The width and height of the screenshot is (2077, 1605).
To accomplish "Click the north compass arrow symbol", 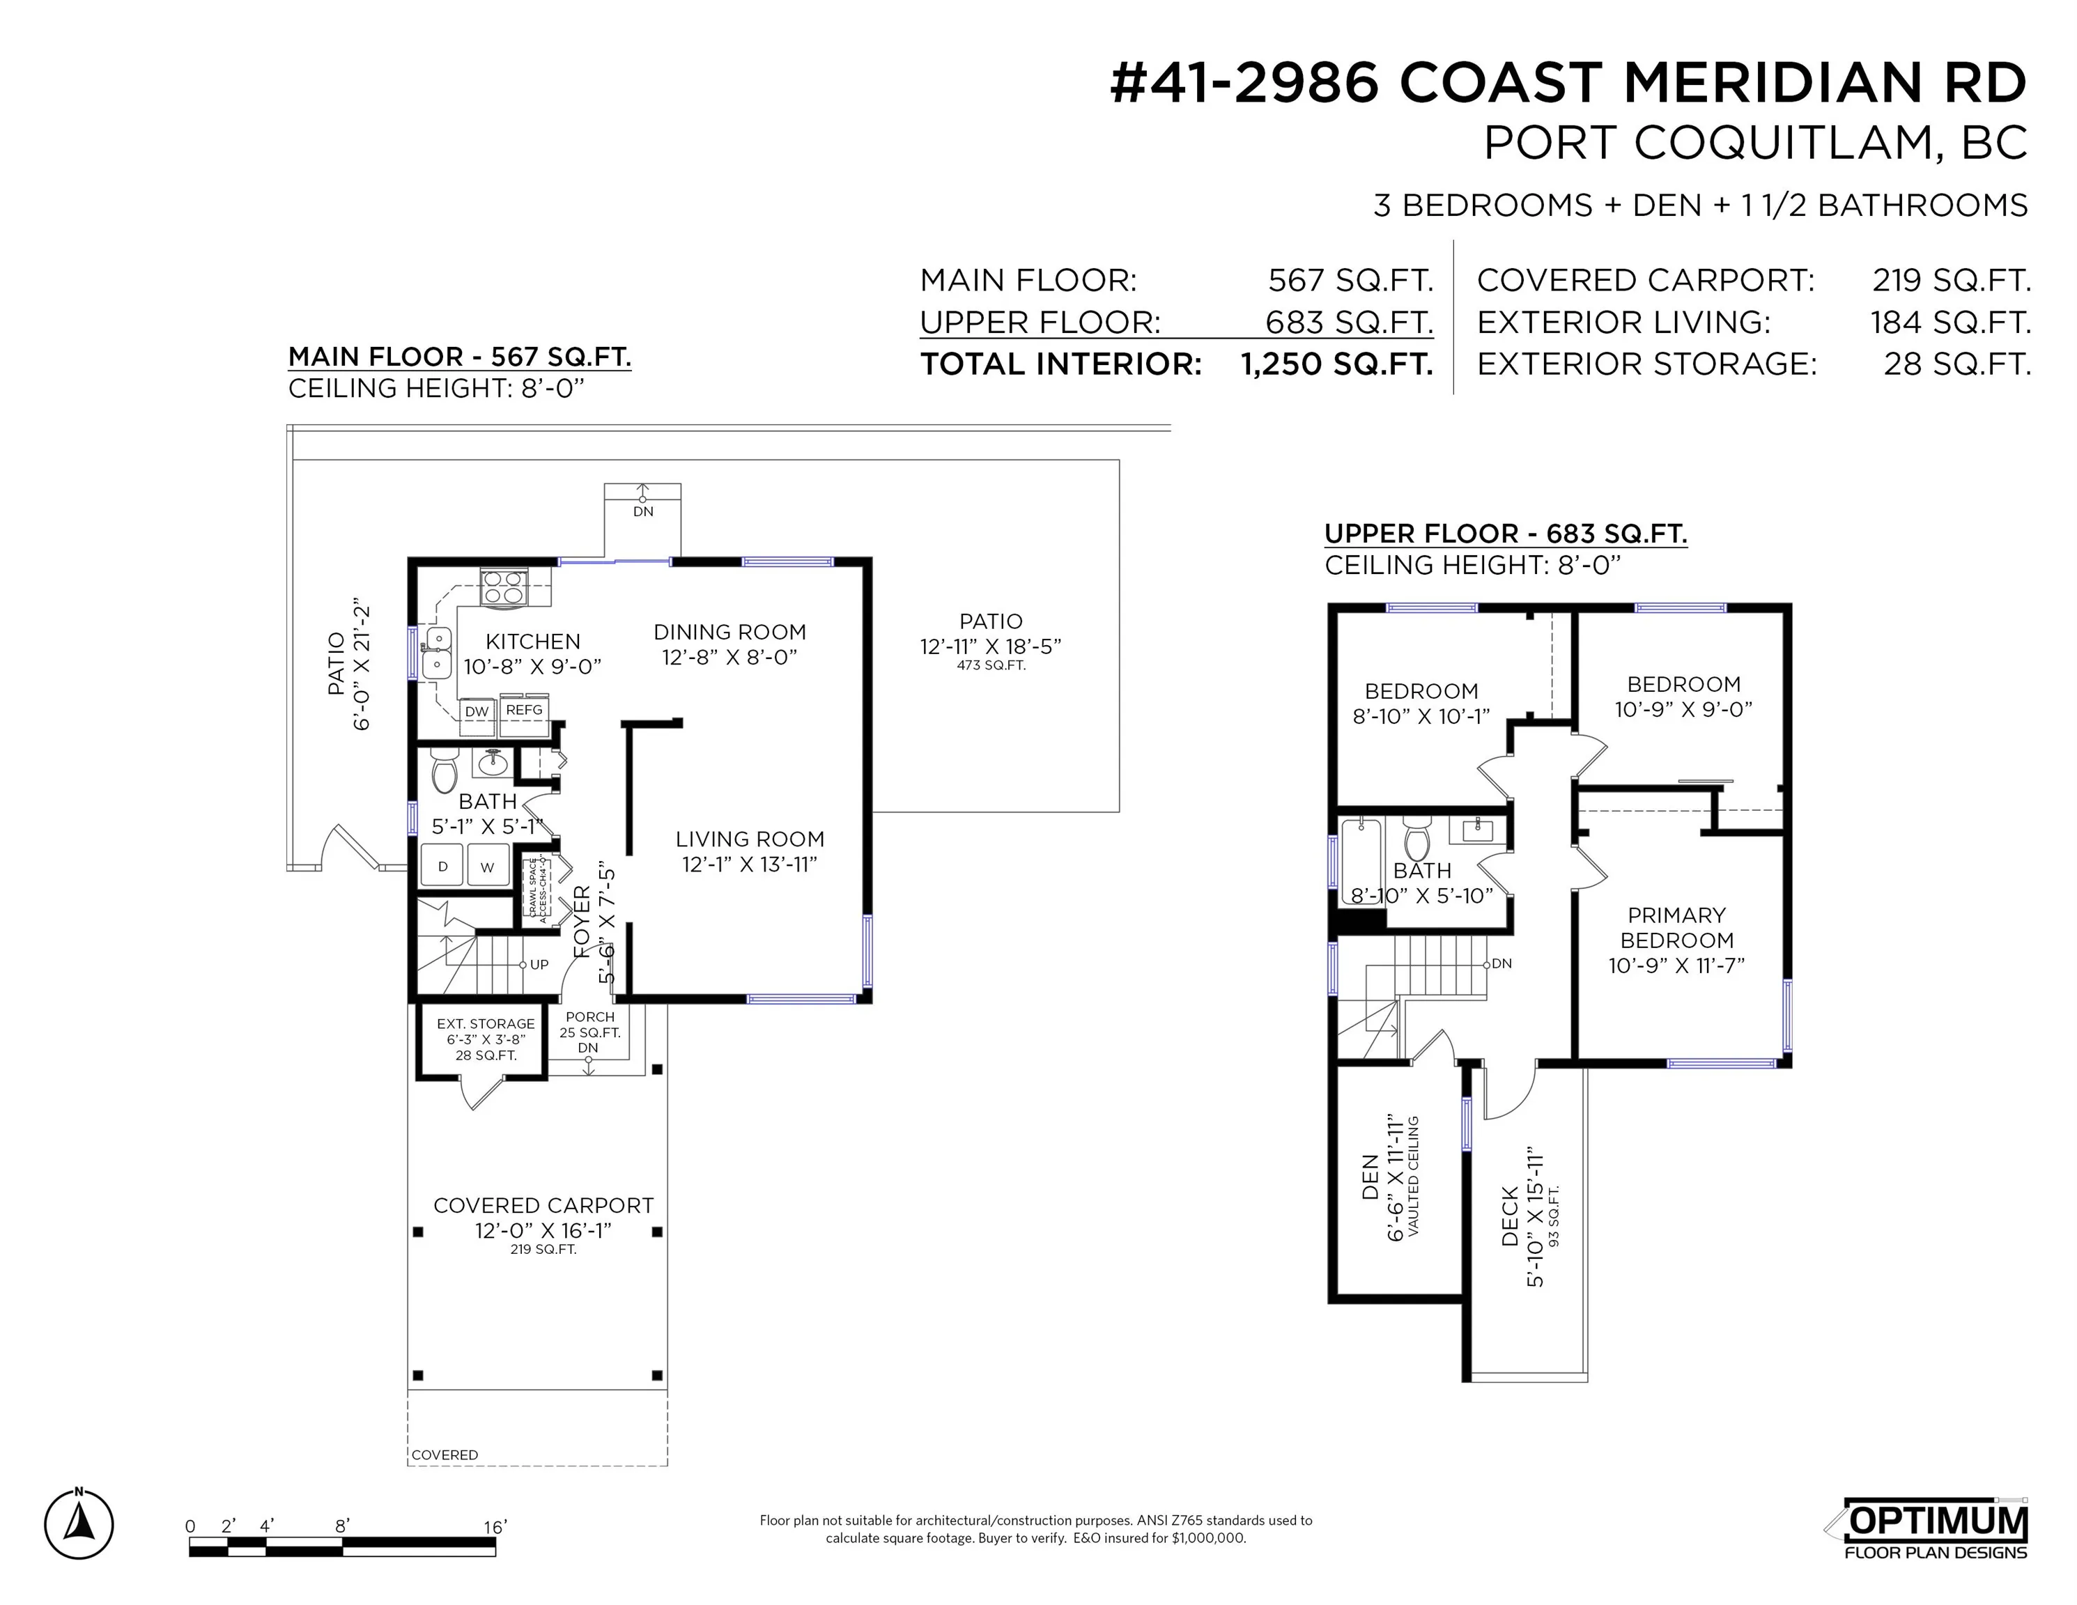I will click(79, 1525).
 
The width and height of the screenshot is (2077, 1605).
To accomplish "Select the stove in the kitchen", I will click(503, 587).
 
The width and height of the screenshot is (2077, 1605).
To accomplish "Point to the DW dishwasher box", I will click(477, 711).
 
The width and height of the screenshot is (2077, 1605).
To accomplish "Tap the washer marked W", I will click(488, 866).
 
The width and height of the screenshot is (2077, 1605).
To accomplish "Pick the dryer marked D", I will click(442, 866).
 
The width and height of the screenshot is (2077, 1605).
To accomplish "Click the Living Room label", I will click(750, 839).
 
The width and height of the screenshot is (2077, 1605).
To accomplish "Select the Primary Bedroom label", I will click(1676, 927).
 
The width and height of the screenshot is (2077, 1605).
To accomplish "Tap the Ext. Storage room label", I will click(485, 1024).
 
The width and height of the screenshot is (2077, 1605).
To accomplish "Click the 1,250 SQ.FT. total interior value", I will click(1336, 364).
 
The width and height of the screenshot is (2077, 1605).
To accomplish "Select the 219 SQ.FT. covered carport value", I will click(1950, 281).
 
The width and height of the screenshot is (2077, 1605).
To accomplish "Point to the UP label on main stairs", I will click(539, 964).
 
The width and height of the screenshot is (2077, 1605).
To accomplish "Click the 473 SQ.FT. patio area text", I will click(991, 665).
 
